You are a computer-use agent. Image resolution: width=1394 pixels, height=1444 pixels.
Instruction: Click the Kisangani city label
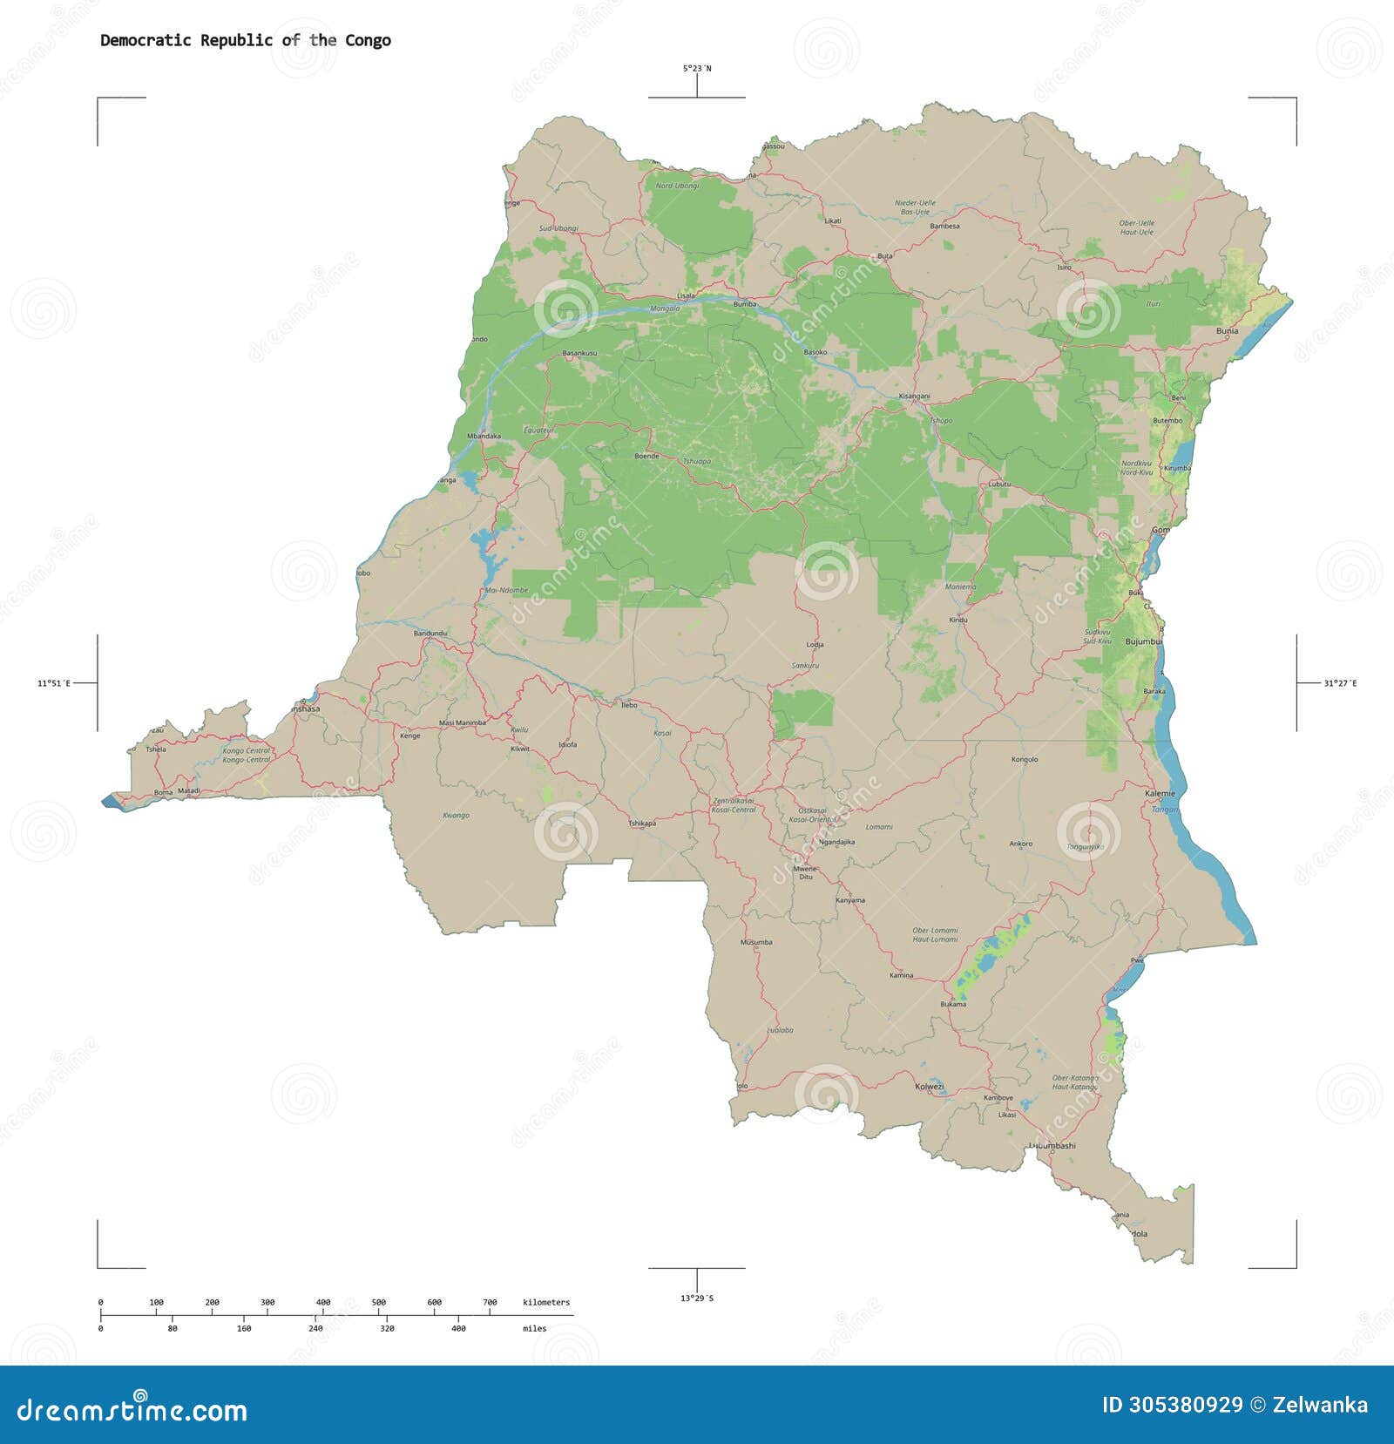914,397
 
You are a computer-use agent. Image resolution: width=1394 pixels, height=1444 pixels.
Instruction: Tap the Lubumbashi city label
1052,1146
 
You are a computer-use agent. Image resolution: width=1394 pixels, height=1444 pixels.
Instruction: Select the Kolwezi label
929,1087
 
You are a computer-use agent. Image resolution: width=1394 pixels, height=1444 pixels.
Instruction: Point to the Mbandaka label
484,436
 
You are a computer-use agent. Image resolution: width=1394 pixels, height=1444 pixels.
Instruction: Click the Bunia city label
1227,331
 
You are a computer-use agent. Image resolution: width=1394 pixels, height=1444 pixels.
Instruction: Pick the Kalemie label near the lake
1160,794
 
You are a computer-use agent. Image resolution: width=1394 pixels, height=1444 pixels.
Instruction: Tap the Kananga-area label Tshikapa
642,823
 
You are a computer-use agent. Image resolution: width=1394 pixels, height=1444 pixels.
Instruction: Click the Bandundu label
430,633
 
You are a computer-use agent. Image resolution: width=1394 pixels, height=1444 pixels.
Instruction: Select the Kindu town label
958,620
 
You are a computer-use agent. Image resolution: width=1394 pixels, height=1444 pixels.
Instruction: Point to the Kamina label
901,975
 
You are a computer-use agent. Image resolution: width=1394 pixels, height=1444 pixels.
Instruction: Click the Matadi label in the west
189,791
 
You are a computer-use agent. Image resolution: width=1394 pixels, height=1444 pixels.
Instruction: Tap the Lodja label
815,645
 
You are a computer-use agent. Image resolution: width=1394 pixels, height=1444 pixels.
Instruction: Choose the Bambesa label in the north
944,227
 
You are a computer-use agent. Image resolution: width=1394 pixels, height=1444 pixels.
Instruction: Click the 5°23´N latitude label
696,68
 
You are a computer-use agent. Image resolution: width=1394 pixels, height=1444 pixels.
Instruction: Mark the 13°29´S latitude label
696,1298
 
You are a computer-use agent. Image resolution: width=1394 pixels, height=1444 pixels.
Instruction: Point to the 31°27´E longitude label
1339,684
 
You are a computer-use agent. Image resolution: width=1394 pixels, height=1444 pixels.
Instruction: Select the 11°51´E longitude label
54,684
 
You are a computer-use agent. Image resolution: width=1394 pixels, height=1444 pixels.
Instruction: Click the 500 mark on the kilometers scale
379,1302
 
